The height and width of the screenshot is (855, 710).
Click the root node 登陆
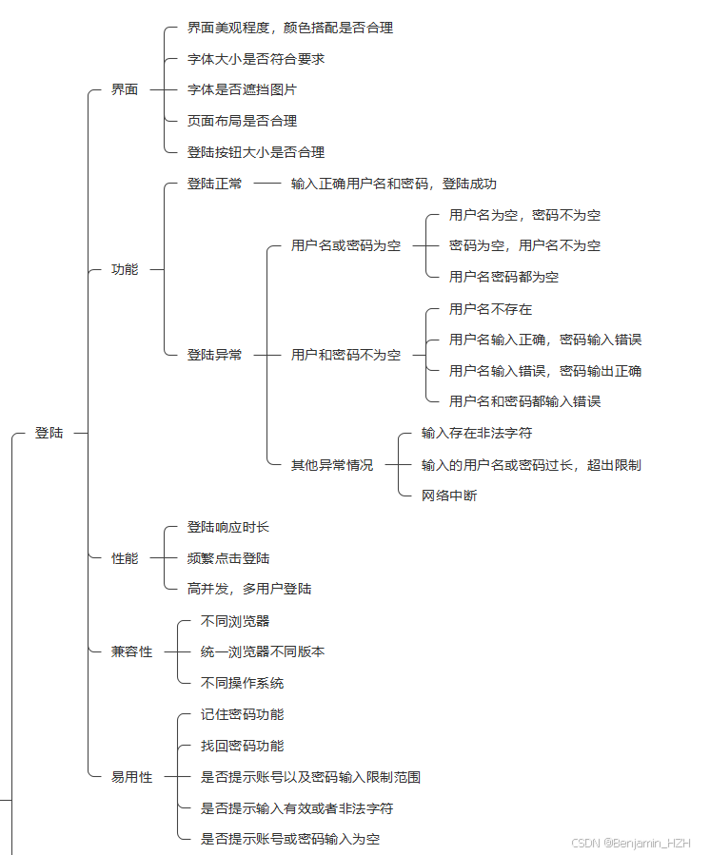(x=49, y=433)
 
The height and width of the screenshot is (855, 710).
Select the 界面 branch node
(x=125, y=89)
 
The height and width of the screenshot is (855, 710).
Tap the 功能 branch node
(x=125, y=269)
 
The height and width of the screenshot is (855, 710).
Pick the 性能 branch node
(x=125, y=558)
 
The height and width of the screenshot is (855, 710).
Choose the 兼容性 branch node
(x=131, y=651)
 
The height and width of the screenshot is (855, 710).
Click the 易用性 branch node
(x=131, y=777)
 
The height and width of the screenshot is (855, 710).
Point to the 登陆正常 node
(x=214, y=184)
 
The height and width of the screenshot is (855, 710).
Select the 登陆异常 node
(x=214, y=355)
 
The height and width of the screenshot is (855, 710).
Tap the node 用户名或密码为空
(x=345, y=245)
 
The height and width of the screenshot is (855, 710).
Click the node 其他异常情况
(x=332, y=465)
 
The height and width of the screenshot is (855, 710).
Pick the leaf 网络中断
(x=449, y=496)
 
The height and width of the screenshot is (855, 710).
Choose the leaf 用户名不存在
(x=490, y=309)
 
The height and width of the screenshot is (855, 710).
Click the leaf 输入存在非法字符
(x=477, y=433)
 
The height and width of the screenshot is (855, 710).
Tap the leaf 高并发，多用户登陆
(x=249, y=589)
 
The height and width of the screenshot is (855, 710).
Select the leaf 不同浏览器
(x=235, y=621)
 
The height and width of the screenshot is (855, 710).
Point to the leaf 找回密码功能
(x=242, y=746)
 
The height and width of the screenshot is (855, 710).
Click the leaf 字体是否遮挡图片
(x=242, y=89)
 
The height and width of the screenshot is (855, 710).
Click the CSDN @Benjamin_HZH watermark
(x=630, y=843)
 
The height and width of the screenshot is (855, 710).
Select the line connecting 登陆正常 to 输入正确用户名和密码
(x=267, y=184)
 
